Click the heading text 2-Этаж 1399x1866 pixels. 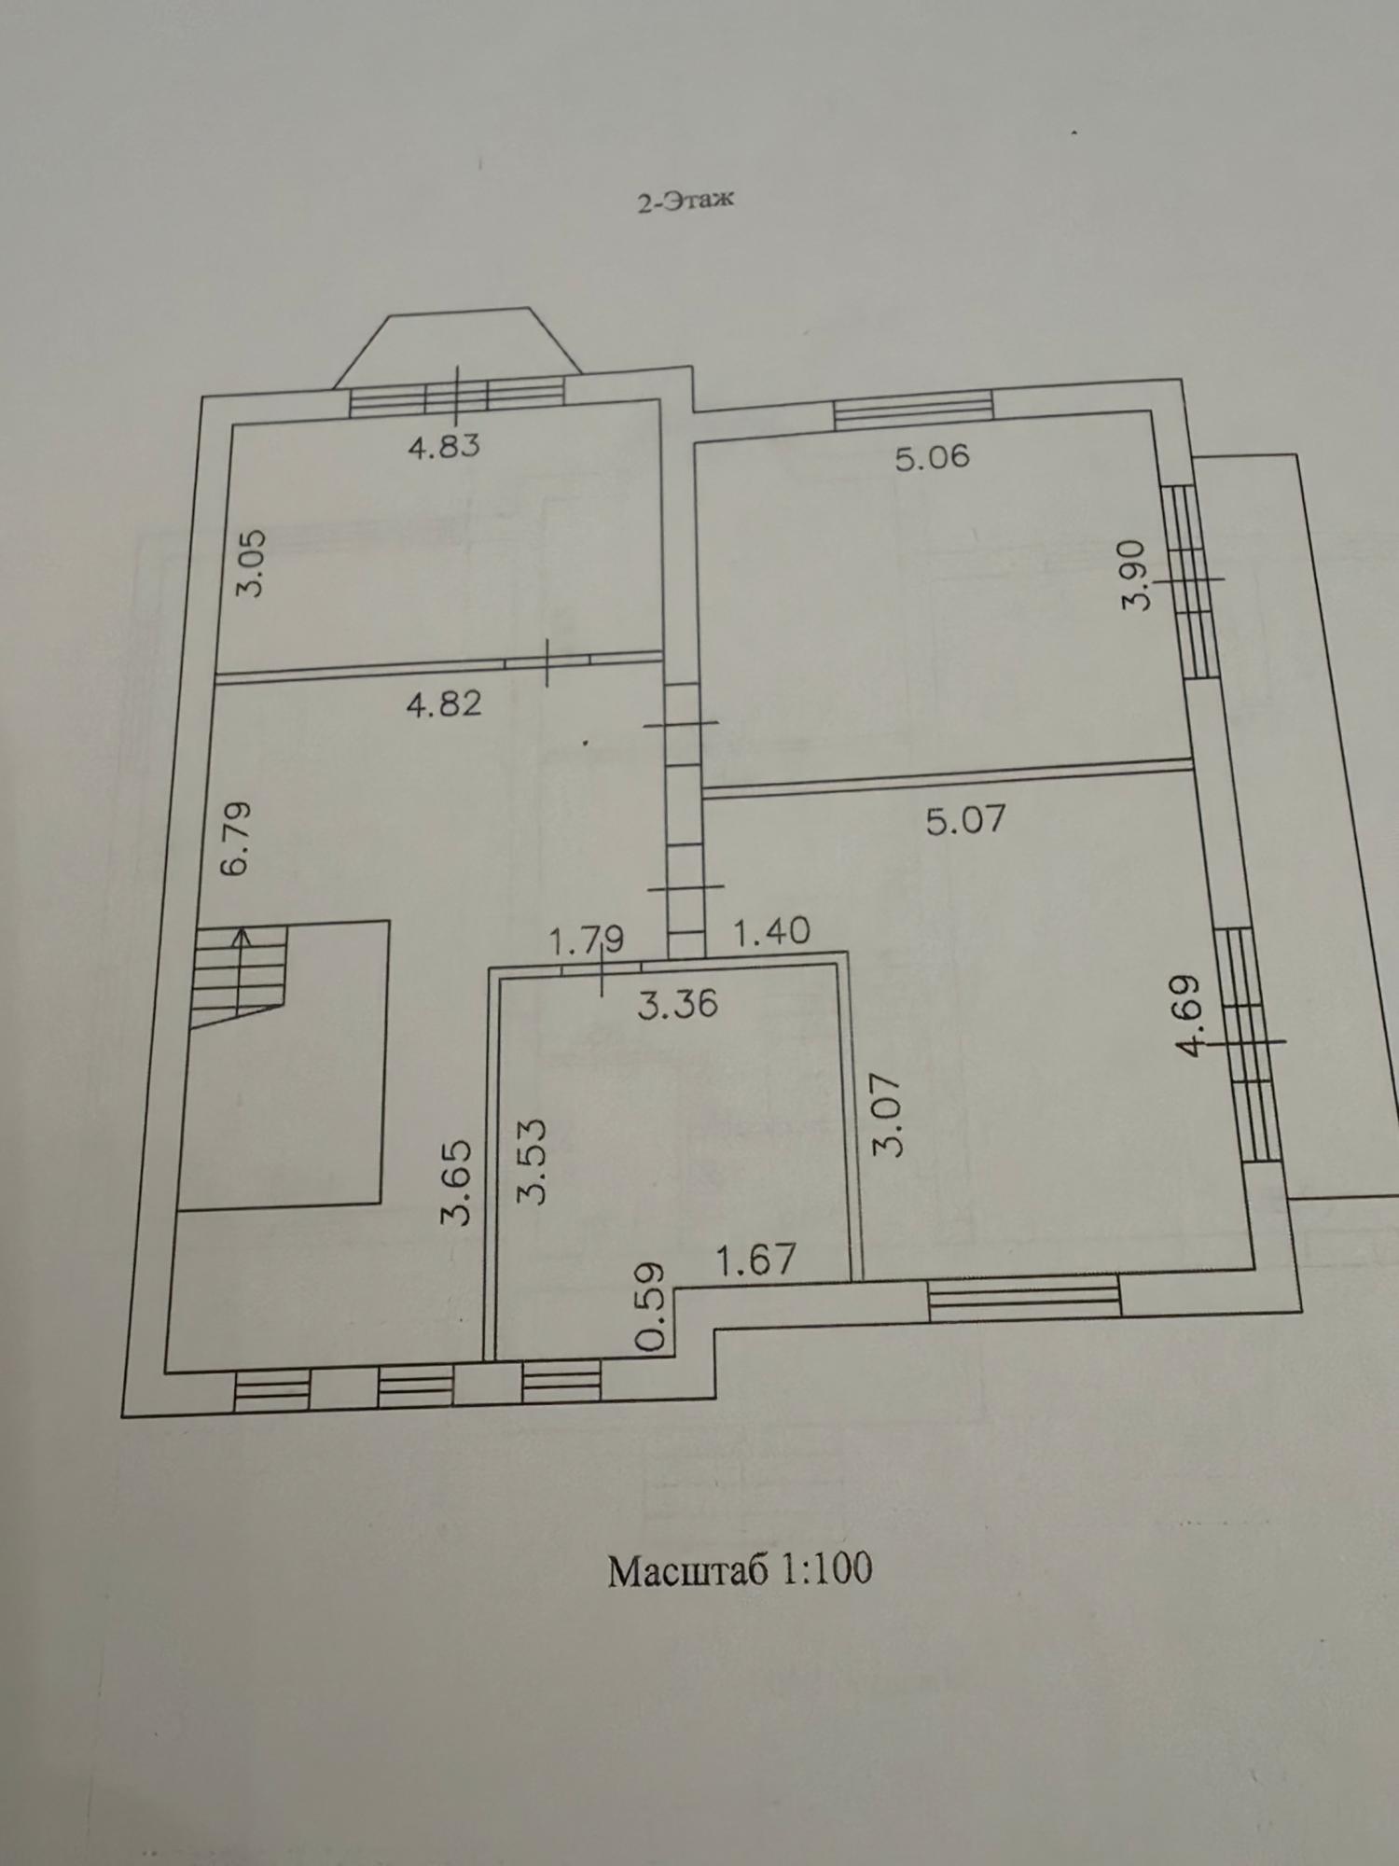tap(686, 201)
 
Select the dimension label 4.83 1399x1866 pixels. tap(444, 446)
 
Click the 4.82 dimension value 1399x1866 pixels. tap(444, 703)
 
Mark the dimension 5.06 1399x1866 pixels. tap(933, 457)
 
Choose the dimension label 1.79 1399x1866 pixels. tap(586, 940)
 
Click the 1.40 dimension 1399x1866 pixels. tap(772, 930)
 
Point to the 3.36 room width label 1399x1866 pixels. tap(678, 1003)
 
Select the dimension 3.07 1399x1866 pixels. tap(889, 1115)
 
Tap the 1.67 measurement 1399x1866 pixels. tap(755, 1260)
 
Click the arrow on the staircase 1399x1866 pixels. tap(242, 971)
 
